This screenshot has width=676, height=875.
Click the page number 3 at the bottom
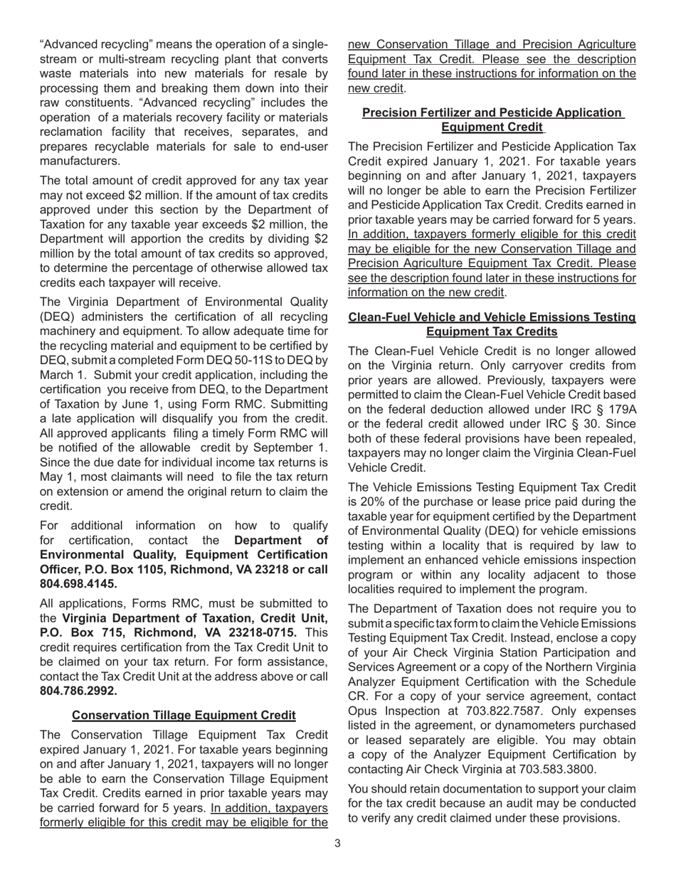[x=337, y=844]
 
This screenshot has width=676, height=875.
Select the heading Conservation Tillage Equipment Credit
[x=184, y=715]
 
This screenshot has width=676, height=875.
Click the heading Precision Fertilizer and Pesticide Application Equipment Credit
[x=492, y=120]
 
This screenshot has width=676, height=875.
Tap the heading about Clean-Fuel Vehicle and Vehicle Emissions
[x=492, y=324]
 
